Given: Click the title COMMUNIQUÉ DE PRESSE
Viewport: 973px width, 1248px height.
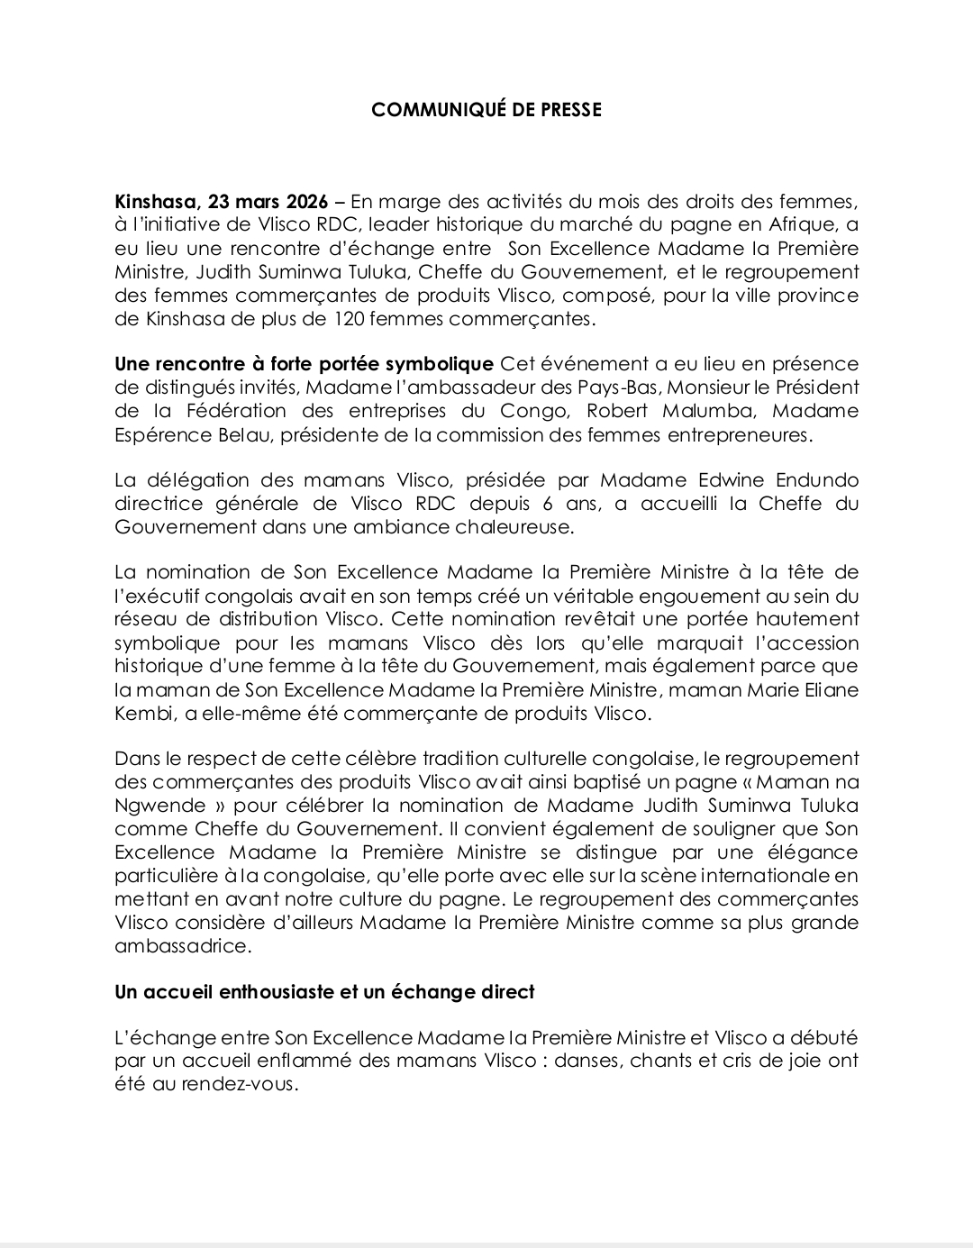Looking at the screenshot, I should [x=486, y=110].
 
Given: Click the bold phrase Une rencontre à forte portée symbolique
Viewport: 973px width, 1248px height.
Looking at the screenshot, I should [x=304, y=364].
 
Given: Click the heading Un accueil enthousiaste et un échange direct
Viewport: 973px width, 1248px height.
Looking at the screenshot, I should [x=324, y=992].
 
